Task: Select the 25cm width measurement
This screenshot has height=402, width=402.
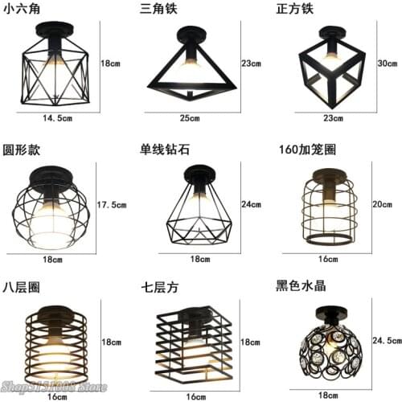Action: coord(191,118)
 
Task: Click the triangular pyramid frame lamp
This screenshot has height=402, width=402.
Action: coord(191,72)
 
